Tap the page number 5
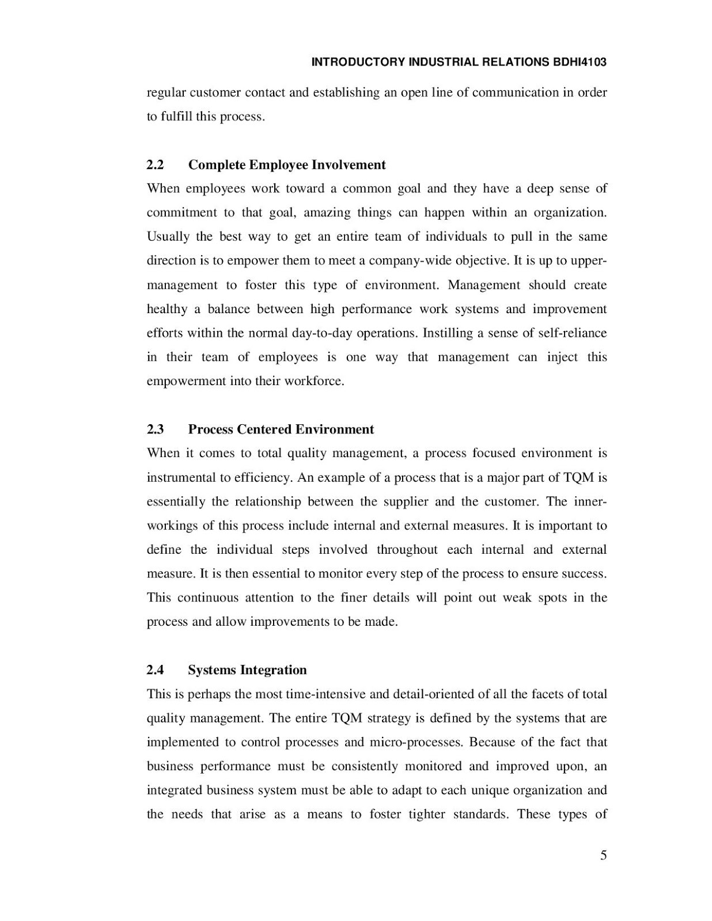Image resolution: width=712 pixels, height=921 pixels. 603,855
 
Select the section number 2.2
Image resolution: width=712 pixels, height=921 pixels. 155,165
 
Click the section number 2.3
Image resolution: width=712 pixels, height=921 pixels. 155,429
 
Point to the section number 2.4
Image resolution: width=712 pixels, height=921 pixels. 155,669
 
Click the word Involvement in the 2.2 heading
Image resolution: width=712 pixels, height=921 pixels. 349,165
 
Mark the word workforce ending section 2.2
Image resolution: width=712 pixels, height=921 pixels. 314,381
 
